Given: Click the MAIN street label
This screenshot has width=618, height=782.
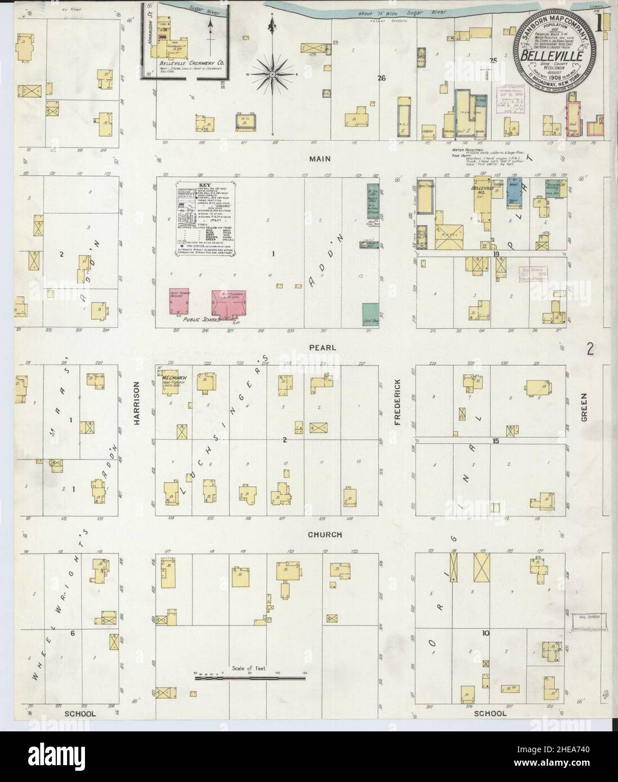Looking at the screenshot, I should pyautogui.click(x=319, y=159).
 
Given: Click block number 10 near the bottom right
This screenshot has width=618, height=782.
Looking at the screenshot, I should pyautogui.click(x=485, y=633).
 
